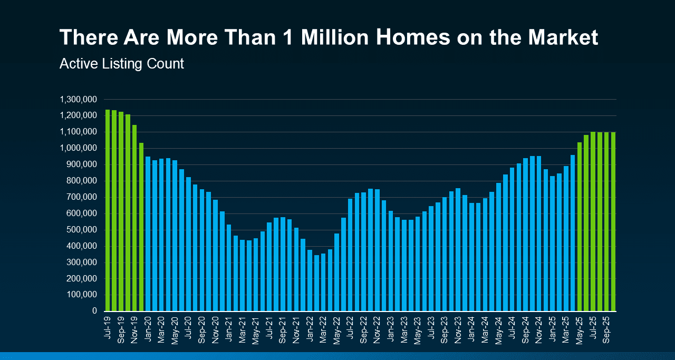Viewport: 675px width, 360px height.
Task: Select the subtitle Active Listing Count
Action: click(x=122, y=64)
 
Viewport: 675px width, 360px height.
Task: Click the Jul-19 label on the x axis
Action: click(x=108, y=327)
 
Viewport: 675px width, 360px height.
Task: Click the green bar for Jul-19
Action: click(x=108, y=210)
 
